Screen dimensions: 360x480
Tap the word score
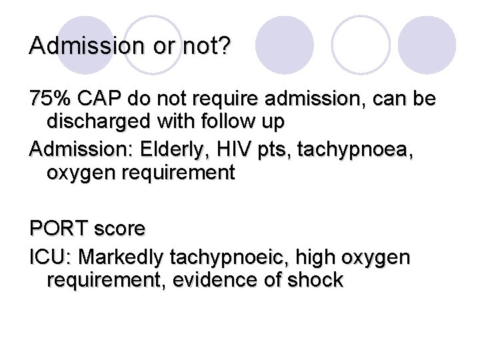point(119,229)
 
